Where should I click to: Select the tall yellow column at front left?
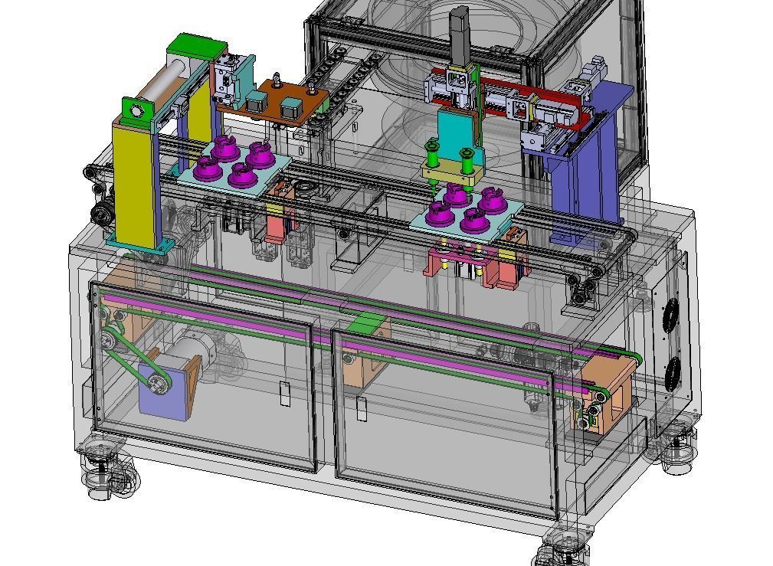(x=136, y=184)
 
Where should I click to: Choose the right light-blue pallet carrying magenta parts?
(x=467, y=214)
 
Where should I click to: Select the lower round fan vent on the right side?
(x=674, y=375)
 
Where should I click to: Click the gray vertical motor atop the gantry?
(x=459, y=34)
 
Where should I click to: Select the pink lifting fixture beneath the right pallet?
(x=463, y=260)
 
